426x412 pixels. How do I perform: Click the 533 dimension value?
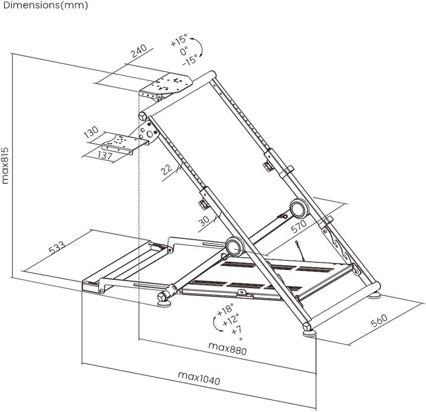click(x=57, y=247)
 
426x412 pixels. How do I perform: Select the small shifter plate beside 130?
click(x=120, y=142)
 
